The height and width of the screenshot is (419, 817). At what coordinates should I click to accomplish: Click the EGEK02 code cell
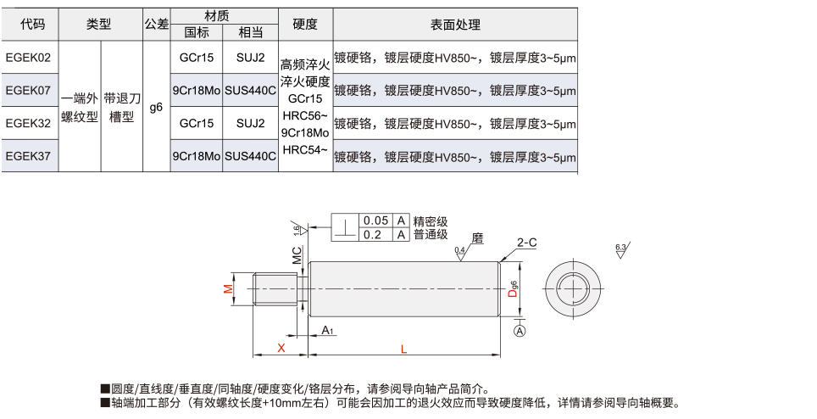tap(29, 58)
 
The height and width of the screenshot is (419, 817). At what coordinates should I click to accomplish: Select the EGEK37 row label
tap(29, 156)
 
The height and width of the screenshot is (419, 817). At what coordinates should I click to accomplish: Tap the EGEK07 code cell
tap(29, 90)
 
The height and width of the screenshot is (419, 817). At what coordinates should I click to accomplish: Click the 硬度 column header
tap(305, 24)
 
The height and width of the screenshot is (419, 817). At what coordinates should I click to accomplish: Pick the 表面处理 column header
tap(455, 24)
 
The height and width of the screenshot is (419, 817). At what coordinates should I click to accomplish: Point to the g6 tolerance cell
tap(156, 107)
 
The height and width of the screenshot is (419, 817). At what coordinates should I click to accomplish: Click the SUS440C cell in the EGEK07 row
tap(251, 90)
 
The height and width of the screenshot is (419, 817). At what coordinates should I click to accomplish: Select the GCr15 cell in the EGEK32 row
tap(197, 123)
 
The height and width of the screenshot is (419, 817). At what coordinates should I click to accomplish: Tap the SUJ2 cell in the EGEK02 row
tap(251, 58)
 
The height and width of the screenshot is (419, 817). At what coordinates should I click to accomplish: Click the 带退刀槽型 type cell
tap(122, 108)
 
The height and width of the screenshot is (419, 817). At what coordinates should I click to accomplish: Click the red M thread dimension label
tap(228, 288)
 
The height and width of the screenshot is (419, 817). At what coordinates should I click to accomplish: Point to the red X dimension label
tap(281, 348)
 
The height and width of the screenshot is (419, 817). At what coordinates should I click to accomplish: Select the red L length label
tap(403, 349)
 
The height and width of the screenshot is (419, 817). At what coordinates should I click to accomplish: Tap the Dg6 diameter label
tap(514, 288)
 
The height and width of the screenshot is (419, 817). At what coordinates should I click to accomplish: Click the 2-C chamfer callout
tap(527, 243)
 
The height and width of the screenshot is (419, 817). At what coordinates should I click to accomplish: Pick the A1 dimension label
tap(327, 330)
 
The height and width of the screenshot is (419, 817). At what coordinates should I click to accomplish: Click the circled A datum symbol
tap(520, 331)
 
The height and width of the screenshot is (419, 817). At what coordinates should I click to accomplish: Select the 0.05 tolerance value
tap(375, 221)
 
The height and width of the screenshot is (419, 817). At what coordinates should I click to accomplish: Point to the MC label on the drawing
tap(297, 255)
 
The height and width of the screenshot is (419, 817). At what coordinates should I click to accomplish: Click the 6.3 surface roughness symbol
tap(622, 249)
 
